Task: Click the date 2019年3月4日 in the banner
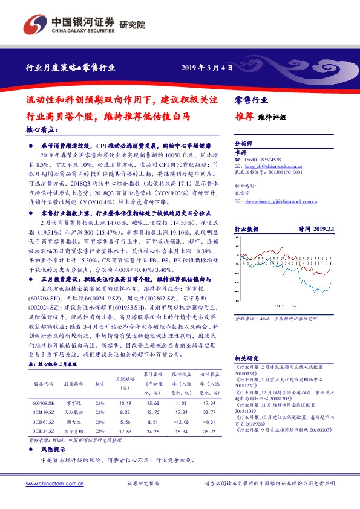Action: [207, 67]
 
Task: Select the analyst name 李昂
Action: [240, 154]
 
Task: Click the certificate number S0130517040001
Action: [283, 172]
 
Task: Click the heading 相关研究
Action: [245, 358]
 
